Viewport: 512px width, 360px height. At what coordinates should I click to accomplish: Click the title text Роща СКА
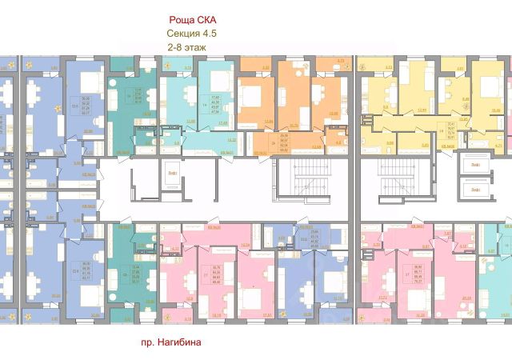193,19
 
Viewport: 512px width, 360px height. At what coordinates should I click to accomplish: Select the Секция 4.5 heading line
192,34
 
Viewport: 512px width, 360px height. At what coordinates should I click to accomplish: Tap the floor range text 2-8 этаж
185,48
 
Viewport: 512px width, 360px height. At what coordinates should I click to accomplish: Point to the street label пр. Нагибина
166,342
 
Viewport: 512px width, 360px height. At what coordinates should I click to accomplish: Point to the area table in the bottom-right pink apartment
418,273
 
